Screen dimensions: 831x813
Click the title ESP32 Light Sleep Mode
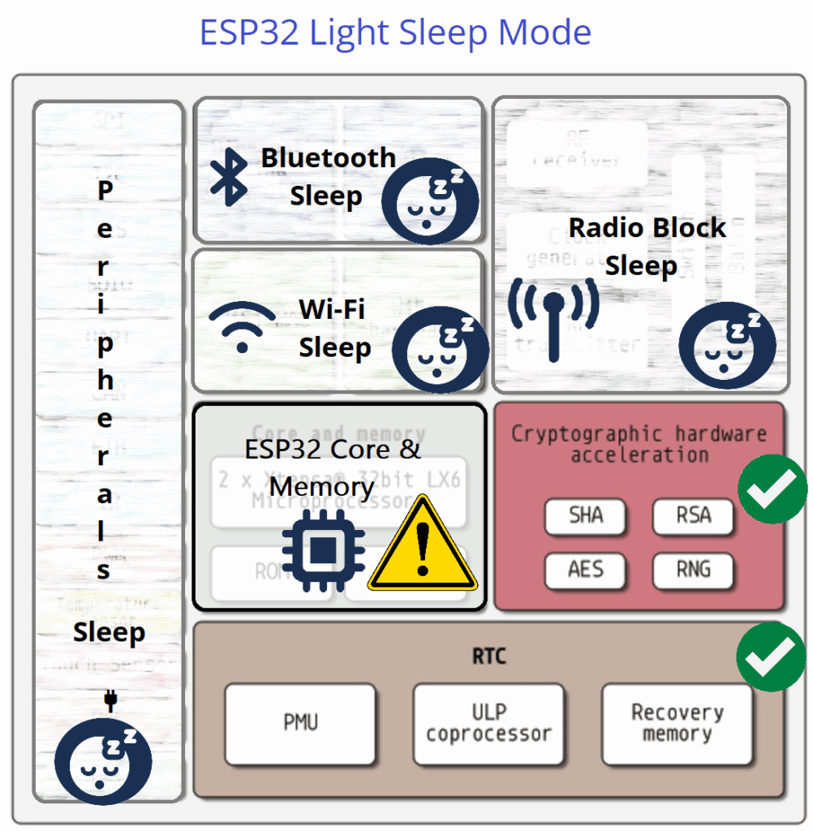click(395, 32)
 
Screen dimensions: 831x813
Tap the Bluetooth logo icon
click(228, 177)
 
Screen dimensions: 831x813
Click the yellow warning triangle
click(422, 546)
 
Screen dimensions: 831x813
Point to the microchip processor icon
click(323, 549)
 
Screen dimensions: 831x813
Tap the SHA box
click(585, 515)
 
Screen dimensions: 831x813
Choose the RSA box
click(693, 515)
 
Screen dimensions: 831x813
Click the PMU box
click(300, 723)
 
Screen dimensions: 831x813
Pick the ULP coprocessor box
click(488, 723)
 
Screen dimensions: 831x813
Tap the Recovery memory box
click(677, 723)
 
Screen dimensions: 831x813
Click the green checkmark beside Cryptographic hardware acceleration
click(772, 489)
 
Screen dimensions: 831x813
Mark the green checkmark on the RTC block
click(771, 657)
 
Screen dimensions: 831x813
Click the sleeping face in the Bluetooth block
click(430, 199)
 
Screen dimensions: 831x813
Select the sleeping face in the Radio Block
click(727, 345)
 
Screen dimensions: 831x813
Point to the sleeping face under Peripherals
click(103, 761)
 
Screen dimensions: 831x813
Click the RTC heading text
click(488, 656)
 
